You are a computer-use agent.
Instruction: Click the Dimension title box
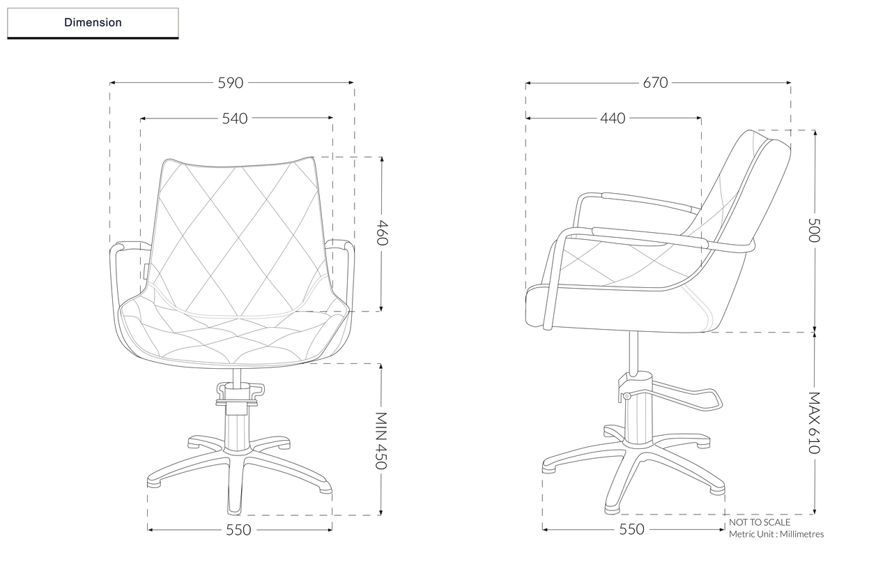(x=93, y=22)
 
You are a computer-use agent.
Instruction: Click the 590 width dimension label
(x=231, y=82)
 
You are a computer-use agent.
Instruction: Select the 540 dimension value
(x=235, y=119)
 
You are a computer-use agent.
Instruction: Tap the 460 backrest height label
(x=382, y=233)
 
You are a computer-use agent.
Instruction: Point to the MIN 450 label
(x=381, y=440)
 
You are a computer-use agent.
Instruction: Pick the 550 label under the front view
(x=238, y=530)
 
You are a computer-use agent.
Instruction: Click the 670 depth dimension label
(x=655, y=82)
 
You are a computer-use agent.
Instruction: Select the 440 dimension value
(x=613, y=119)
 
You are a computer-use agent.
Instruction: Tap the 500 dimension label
(x=814, y=229)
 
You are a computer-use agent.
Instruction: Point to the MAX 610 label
(x=814, y=423)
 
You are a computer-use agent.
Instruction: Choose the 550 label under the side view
(x=632, y=530)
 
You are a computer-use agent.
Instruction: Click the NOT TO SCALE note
(x=760, y=522)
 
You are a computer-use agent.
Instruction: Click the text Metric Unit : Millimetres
(x=776, y=534)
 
